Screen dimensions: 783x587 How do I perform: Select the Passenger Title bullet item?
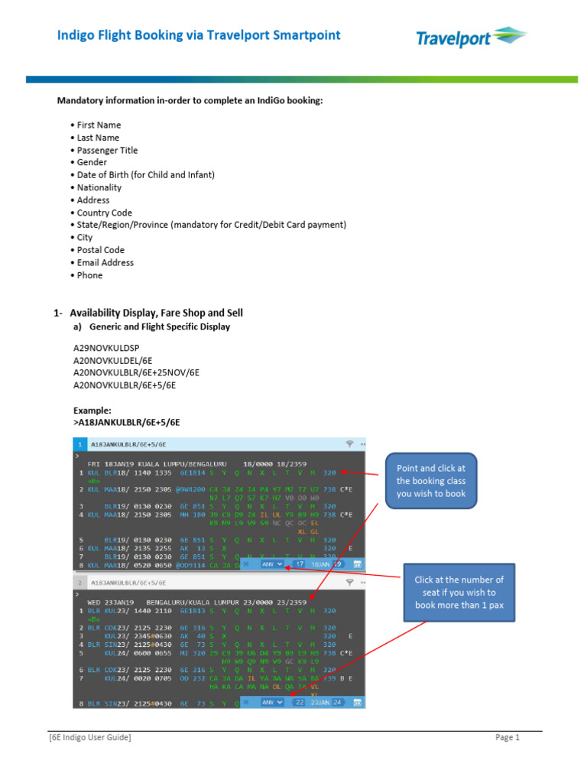pos(107,151)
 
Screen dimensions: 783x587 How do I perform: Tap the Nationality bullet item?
pos(99,187)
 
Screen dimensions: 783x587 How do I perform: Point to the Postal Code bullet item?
pos(100,250)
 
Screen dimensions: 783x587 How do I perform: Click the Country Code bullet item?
pos(104,213)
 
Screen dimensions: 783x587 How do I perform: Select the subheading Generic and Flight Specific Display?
pos(159,327)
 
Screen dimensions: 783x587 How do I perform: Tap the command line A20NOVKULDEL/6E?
pos(112,360)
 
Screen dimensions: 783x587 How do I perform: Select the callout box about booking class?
pos(431,480)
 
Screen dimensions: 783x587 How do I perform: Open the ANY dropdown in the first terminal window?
pos(272,564)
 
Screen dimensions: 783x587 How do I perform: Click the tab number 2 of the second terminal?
pos(79,582)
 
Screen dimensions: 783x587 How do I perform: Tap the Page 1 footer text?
pos(507,737)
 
